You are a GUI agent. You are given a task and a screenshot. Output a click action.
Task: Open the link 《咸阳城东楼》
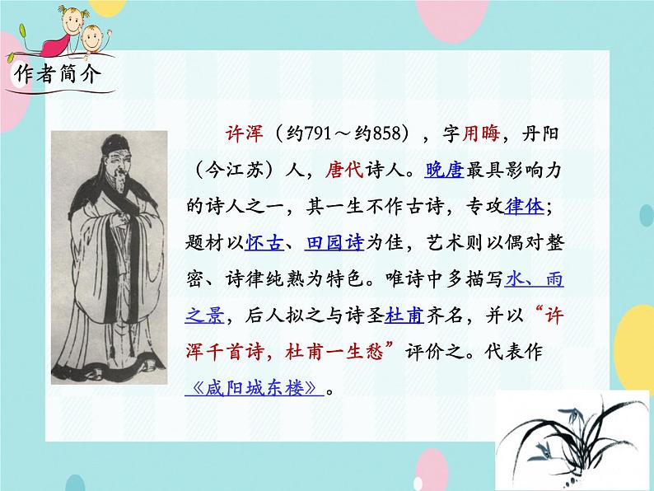point(252,387)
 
